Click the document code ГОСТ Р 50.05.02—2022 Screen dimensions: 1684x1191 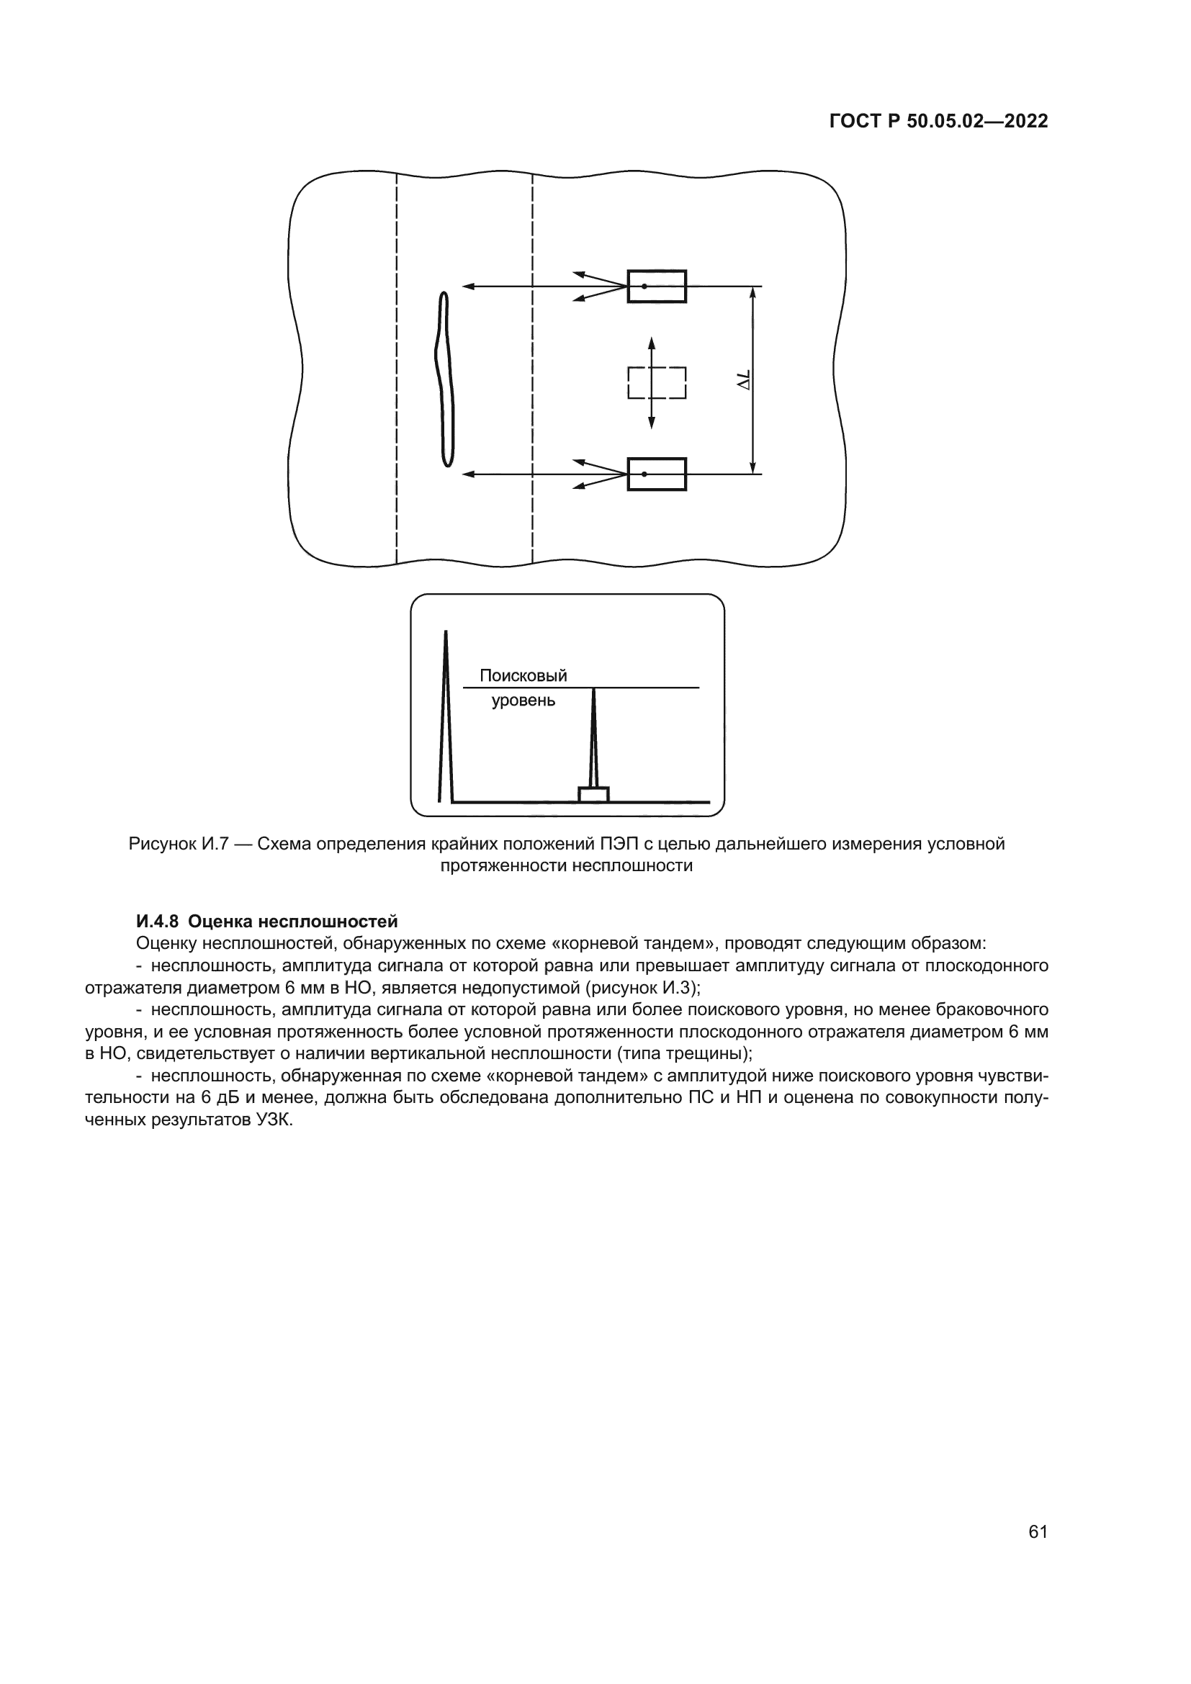pyautogui.click(x=938, y=121)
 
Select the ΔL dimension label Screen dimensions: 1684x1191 pyautogui.click(x=745, y=381)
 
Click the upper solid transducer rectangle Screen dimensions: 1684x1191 pyautogui.click(x=657, y=286)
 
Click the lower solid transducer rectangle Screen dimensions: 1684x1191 pyautogui.click(x=657, y=474)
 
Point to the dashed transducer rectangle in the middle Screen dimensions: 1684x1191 pyautogui.click(x=657, y=382)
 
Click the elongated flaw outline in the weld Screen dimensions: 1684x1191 pyautogui.click(x=444, y=379)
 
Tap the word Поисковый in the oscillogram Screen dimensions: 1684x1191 pyautogui.click(x=523, y=675)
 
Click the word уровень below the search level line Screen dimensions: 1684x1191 pyautogui.click(x=523, y=701)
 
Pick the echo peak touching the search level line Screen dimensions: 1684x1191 pyautogui.click(x=593, y=734)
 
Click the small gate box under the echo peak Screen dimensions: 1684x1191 pyautogui.click(x=593, y=794)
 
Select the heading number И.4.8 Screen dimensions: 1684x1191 pyautogui.click(x=158, y=922)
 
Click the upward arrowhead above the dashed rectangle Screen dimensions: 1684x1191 pyautogui.click(x=651, y=343)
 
